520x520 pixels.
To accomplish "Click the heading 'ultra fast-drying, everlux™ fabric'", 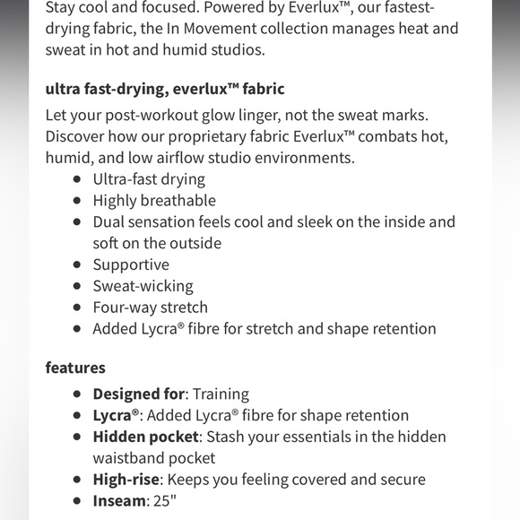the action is (x=165, y=89).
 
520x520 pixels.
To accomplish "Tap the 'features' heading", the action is (x=75, y=368).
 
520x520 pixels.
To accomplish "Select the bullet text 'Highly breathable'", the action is (x=154, y=200).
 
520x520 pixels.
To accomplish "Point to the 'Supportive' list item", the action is (x=131, y=264).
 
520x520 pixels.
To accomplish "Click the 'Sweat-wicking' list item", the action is (x=143, y=286).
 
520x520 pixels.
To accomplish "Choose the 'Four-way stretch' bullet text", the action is (x=151, y=308).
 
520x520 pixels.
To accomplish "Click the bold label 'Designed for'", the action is (x=139, y=394).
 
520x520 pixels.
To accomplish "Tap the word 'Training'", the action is (x=220, y=394).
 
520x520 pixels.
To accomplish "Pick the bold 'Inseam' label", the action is (x=119, y=500).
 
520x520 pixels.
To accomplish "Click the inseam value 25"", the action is (x=166, y=500).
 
